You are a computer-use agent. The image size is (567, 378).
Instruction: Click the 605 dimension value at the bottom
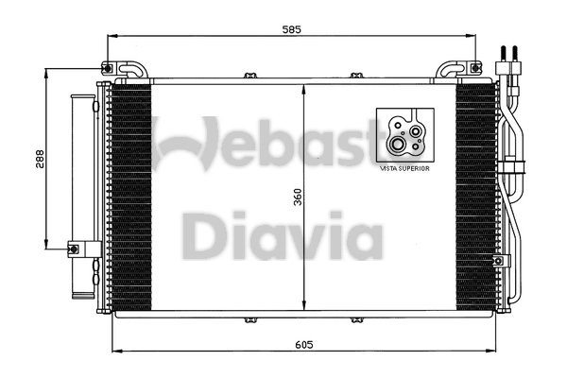pos(303,346)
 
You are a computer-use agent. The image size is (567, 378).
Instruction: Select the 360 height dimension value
pos(297,198)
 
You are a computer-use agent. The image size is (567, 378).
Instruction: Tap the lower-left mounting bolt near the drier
pos(73,249)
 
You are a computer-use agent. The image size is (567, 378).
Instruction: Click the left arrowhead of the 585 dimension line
pos(115,38)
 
